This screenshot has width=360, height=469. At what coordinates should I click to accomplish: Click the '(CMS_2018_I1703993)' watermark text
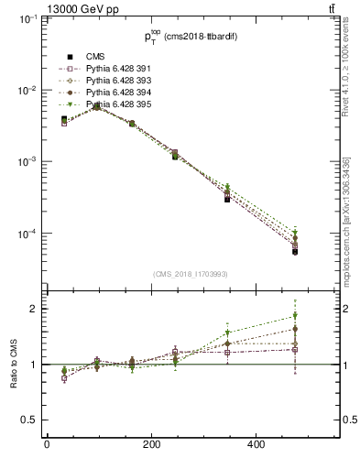point(191,273)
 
